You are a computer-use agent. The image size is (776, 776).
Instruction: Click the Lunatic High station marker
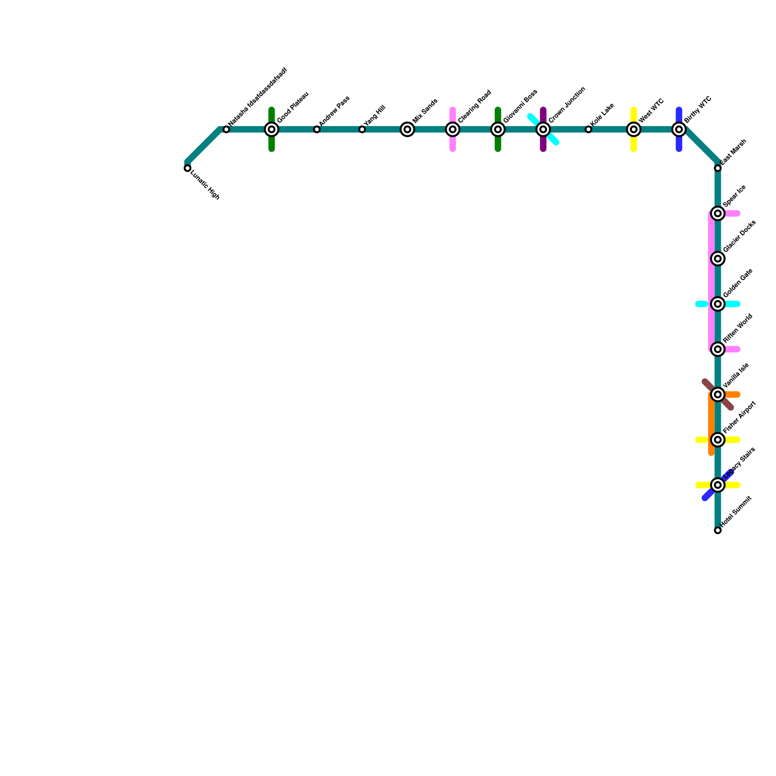pyautogui.click(x=187, y=168)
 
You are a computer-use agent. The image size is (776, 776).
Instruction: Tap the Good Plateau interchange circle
pyautogui.click(x=272, y=129)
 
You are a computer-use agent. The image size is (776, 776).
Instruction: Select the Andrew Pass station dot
pyautogui.click(x=317, y=129)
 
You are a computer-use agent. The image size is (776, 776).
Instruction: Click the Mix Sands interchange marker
pyautogui.click(x=407, y=129)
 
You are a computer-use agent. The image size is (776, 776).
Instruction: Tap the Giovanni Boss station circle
pyautogui.click(x=498, y=129)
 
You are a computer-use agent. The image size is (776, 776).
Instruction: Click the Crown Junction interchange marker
pyautogui.click(x=543, y=129)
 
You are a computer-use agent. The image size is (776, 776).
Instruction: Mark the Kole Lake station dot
pyautogui.click(x=588, y=129)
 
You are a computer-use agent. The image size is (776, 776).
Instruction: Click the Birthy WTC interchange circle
pyautogui.click(x=679, y=129)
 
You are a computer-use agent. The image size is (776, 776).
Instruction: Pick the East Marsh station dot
pyautogui.click(x=718, y=168)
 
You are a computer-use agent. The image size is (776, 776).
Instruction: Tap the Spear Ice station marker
pyautogui.click(x=718, y=213)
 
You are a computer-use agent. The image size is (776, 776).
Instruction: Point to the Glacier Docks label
pyautogui.click(x=739, y=236)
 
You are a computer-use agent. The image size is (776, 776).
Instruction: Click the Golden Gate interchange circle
pyautogui.click(x=718, y=304)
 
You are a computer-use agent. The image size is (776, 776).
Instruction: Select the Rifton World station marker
pyautogui.click(x=718, y=349)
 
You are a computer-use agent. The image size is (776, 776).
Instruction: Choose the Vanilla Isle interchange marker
pyautogui.click(x=718, y=395)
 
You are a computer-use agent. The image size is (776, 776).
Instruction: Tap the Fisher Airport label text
pyautogui.click(x=739, y=417)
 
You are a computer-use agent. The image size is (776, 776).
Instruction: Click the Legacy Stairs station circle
pyautogui.click(x=718, y=485)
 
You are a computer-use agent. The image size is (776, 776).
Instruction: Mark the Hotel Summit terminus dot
pyautogui.click(x=718, y=531)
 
